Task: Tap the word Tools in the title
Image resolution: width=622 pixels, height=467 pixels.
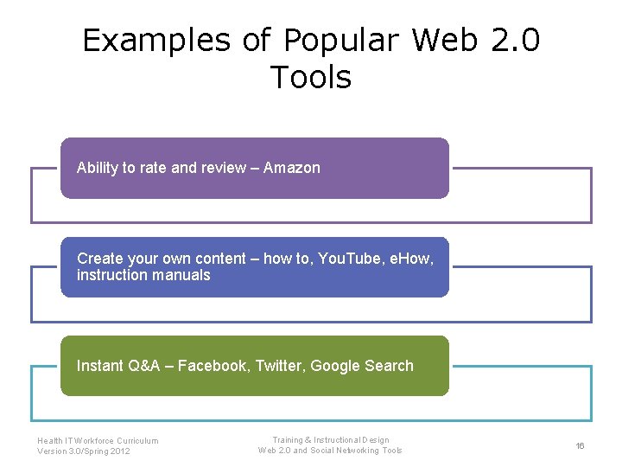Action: (x=311, y=78)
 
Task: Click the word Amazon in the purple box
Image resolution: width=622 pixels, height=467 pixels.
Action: (x=291, y=168)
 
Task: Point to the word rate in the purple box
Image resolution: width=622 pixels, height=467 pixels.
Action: (x=153, y=168)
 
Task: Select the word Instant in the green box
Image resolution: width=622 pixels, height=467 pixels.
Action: (x=99, y=366)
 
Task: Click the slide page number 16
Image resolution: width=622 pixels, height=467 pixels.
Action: (x=580, y=445)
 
